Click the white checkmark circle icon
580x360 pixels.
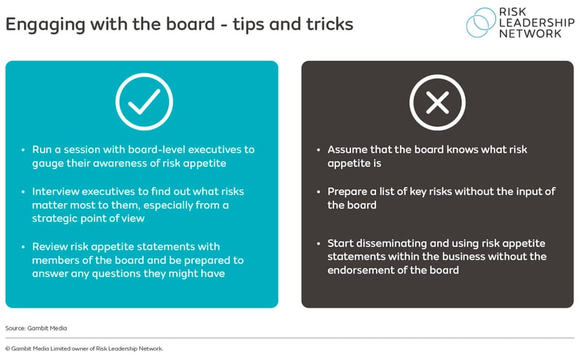(x=144, y=102)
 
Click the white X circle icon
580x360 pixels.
(x=437, y=102)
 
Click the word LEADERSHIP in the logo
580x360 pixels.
(x=537, y=23)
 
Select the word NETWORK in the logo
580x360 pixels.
(x=530, y=34)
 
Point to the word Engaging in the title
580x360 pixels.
(x=39, y=24)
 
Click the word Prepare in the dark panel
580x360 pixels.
(x=348, y=191)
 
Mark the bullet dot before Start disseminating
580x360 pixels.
(x=319, y=243)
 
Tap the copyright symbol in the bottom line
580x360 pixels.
(x=8, y=349)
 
